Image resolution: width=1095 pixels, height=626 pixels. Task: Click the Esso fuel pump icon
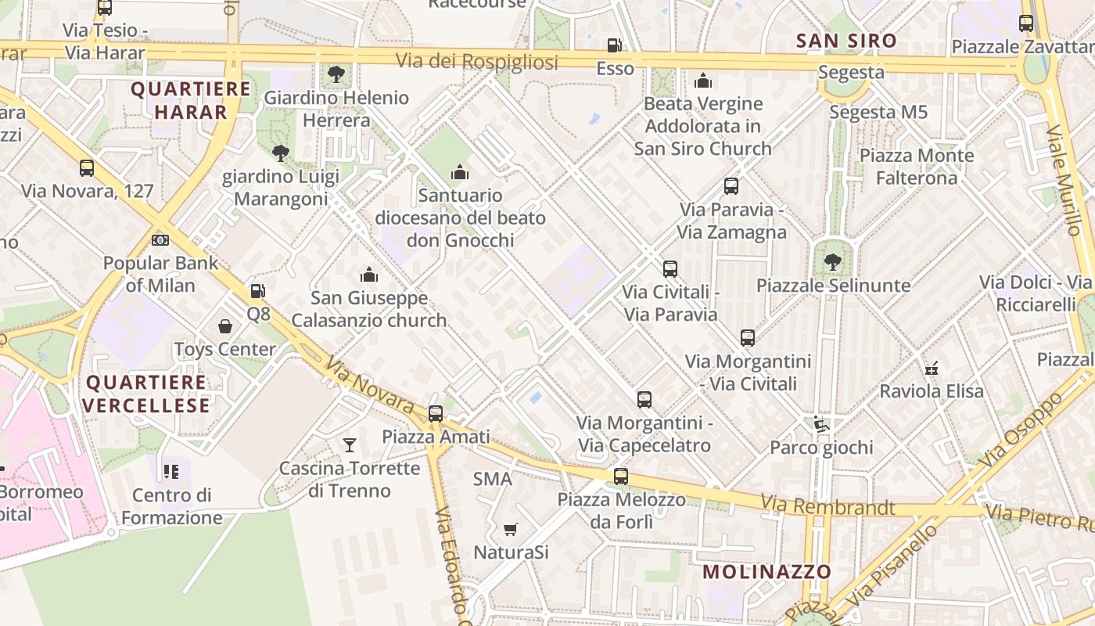coord(616,45)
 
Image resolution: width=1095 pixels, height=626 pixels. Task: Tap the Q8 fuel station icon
coord(257,291)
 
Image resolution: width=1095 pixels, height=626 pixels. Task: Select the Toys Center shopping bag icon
coord(225,326)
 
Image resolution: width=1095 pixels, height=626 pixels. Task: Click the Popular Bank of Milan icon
coord(160,240)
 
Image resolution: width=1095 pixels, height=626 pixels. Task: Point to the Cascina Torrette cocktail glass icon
coord(350,445)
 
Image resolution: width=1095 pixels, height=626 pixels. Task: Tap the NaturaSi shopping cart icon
coord(511,530)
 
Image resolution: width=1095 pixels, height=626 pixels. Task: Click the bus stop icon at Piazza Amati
coord(436,414)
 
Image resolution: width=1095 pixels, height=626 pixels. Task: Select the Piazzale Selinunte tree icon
coord(832,262)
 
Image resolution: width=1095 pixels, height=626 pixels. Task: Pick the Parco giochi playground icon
coord(821,424)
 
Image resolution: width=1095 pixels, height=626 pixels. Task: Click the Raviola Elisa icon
coord(932,368)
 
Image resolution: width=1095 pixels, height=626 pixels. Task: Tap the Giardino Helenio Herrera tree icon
coord(336,74)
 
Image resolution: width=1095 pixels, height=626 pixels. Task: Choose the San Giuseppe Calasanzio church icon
coord(369,275)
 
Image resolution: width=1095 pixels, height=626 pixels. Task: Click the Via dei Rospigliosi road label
coord(477,62)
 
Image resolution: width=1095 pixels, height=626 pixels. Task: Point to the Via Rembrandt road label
coord(828,506)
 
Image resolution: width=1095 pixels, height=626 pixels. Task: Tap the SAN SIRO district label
coord(846,41)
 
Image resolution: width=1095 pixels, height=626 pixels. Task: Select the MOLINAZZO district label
coord(766,571)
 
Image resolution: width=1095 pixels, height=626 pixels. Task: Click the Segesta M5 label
coord(878,112)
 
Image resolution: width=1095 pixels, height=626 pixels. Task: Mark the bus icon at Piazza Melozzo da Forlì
coord(621,476)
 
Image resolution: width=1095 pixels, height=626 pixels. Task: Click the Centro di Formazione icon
coord(171,472)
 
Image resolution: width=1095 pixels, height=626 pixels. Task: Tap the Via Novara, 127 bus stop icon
coord(87,168)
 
